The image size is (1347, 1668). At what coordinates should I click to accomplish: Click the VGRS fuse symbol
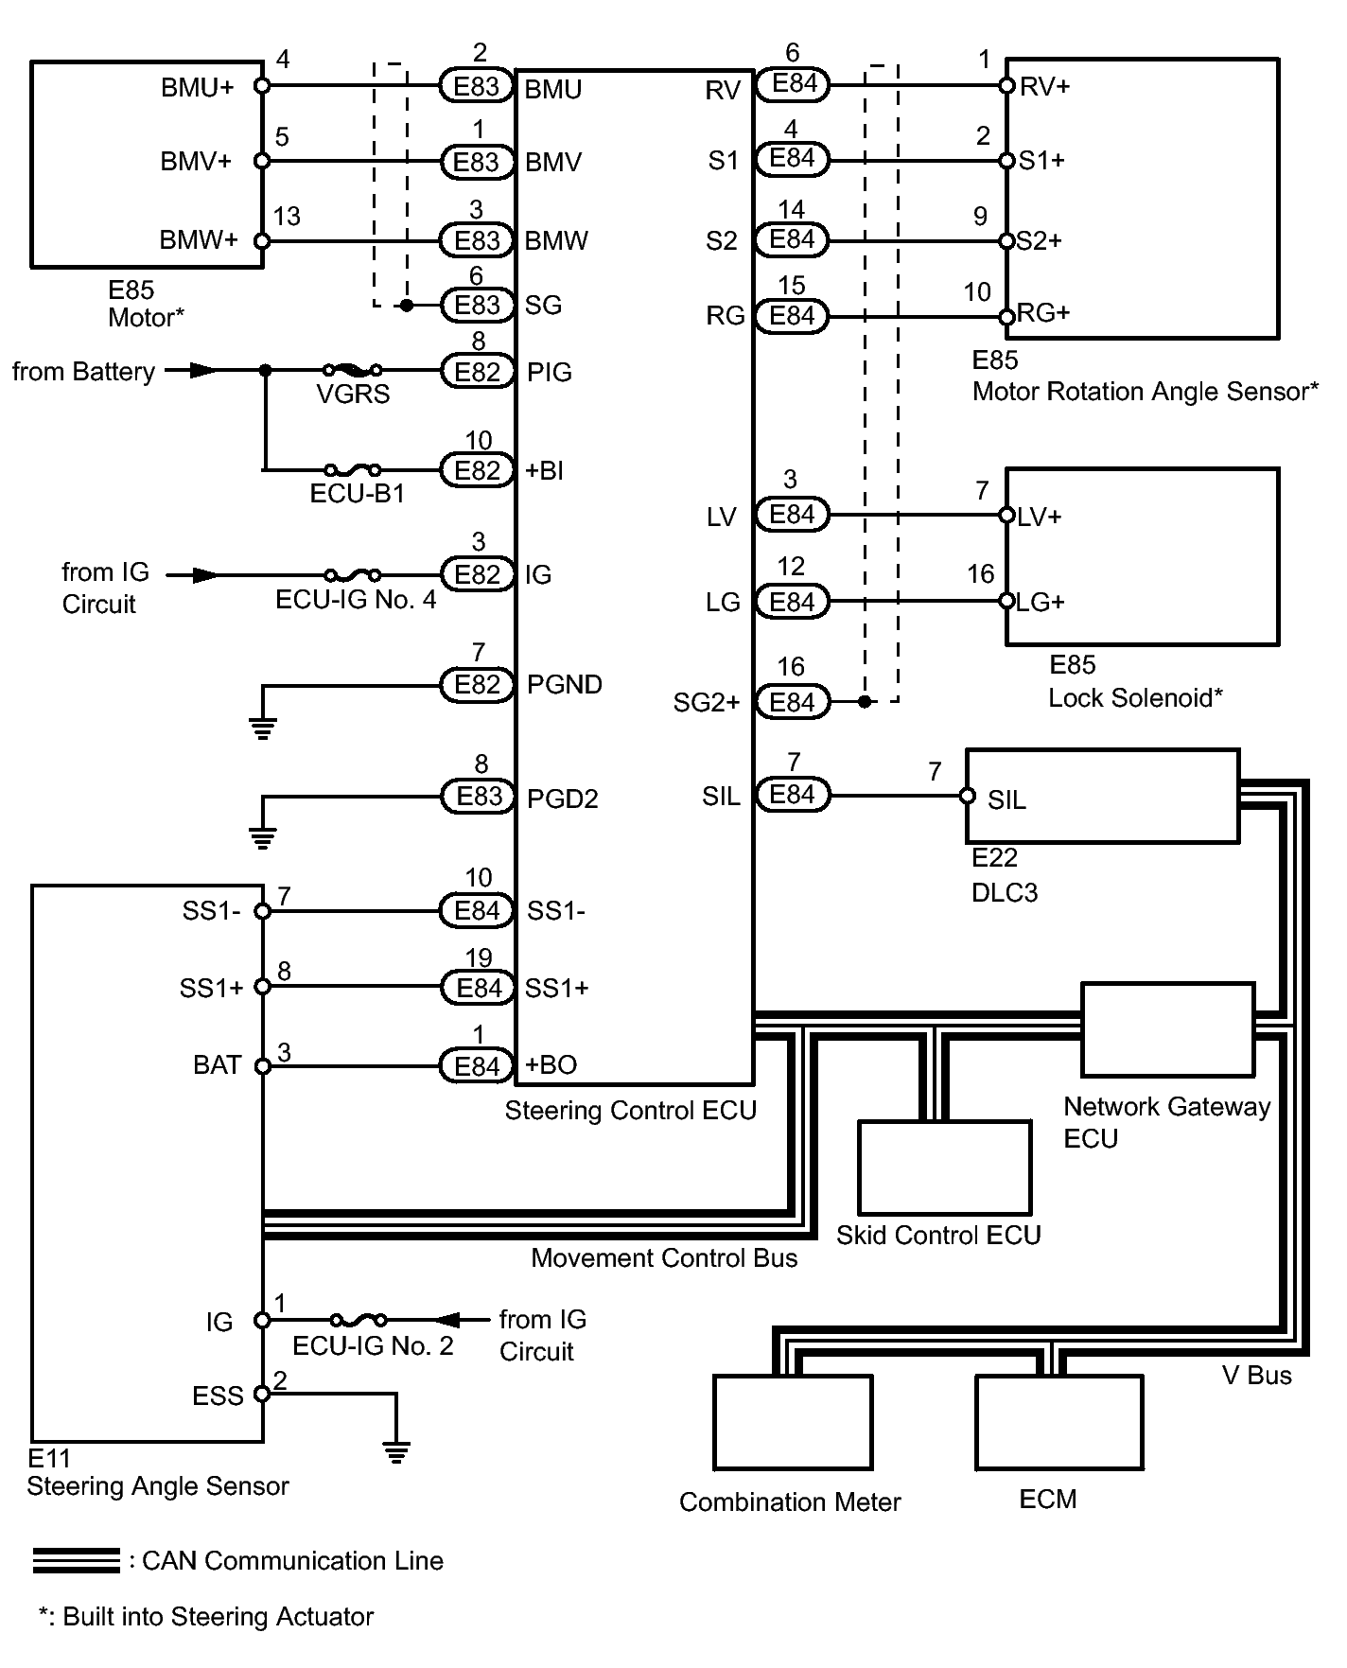[x=352, y=370]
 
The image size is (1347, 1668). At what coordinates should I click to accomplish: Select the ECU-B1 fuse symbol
[x=352, y=469]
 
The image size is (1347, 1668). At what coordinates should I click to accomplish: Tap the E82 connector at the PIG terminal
[x=477, y=372]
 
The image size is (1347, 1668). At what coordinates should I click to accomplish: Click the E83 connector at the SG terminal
[x=477, y=305]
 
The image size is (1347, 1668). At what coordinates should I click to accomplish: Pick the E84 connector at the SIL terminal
[x=793, y=795]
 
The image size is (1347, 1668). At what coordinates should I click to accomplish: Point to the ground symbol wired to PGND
[x=263, y=729]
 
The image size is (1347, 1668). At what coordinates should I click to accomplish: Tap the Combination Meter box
[x=792, y=1422]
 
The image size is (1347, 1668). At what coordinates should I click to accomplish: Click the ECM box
[x=1058, y=1422]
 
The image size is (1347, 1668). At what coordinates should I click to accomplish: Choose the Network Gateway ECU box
[x=1167, y=1029]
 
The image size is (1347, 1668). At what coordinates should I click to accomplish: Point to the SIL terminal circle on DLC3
[x=967, y=796]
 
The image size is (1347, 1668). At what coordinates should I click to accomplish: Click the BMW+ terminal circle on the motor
[x=263, y=241]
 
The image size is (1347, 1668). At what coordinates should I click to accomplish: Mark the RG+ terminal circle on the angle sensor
[x=1007, y=316]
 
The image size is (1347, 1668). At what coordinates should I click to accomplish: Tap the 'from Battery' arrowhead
[x=203, y=370]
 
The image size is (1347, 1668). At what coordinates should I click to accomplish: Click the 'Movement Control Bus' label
[x=664, y=1258]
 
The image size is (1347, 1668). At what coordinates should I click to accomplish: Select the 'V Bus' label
[x=1256, y=1376]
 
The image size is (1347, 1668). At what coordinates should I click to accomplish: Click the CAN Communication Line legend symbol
[x=76, y=1561]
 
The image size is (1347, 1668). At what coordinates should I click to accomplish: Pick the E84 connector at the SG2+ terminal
[x=793, y=702]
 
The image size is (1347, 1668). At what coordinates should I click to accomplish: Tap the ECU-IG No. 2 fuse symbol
[x=358, y=1320]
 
